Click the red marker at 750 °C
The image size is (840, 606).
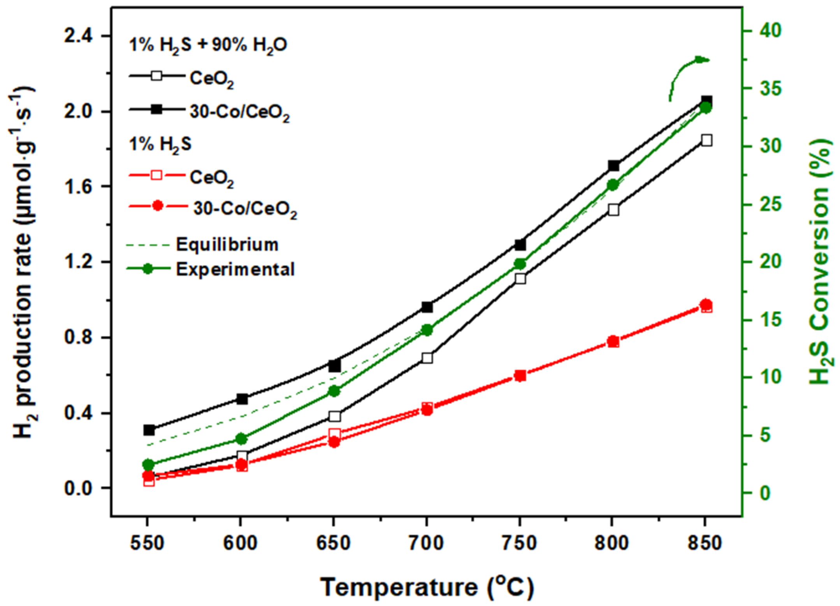(x=520, y=376)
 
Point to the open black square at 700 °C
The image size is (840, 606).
(x=427, y=358)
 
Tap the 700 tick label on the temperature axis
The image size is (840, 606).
(x=427, y=543)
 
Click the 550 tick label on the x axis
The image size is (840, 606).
(x=148, y=543)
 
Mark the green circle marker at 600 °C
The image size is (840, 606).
(x=241, y=439)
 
